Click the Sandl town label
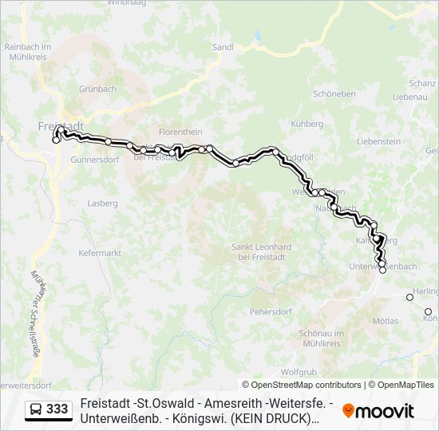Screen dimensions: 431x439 click(223, 47)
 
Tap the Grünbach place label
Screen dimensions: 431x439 click(97, 89)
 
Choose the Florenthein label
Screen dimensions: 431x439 click(180, 132)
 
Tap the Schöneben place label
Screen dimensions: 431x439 click(334, 93)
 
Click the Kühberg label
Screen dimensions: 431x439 click(307, 124)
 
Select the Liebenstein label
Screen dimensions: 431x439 click(378, 141)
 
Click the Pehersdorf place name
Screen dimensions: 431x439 click(273, 311)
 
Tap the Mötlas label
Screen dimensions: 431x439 click(385, 321)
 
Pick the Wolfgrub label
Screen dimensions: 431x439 click(299, 372)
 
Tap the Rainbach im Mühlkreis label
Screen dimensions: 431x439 click(28, 52)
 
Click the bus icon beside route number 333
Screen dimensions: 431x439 click(37, 409)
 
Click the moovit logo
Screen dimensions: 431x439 click(378, 410)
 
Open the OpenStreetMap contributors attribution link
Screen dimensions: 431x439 click(301, 385)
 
